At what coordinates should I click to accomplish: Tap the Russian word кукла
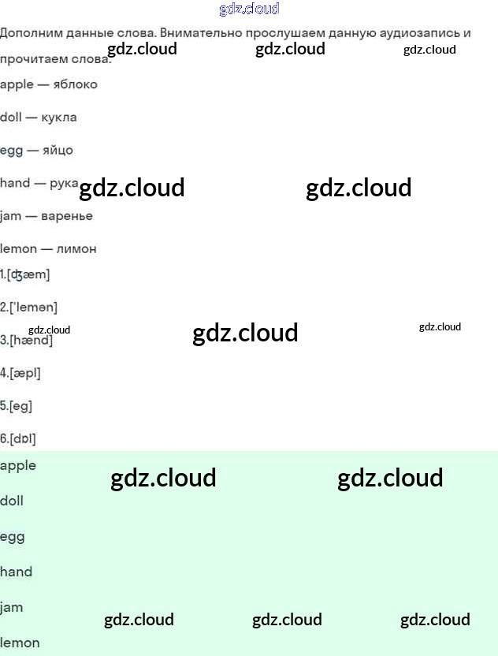(59, 117)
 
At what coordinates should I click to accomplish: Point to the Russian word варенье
(67, 216)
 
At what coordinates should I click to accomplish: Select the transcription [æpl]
(24, 373)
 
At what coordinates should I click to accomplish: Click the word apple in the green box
(18, 465)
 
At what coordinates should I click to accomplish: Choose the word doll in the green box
(12, 501)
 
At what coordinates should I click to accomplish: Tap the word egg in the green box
(13, 537)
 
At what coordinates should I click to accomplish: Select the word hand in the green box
(17, 572)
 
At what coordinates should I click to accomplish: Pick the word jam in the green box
(12, 607)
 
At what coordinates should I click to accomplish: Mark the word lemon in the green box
(20, 643)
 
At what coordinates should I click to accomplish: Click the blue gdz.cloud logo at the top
(249, 9)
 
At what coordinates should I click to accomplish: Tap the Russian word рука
(64, 183)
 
